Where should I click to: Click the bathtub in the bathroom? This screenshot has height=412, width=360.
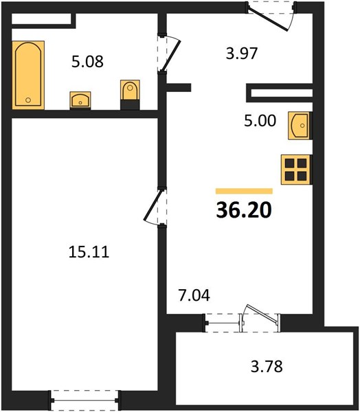(x=28, y=75)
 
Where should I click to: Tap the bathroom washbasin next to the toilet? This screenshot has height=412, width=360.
(x=80, y=100)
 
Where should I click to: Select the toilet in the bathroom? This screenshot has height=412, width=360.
(x=130, y=95)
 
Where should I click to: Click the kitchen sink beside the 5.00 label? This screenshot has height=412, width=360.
(x=300, y=126)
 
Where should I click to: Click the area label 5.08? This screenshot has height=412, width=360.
(x=87, y=62)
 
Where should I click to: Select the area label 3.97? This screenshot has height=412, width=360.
(x=242, y=54)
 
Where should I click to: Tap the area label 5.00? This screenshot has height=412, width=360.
(x=260, y=121)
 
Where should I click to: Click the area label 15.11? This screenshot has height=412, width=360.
(x=89, y=252)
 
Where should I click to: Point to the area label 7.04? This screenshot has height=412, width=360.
(x=194, y=295)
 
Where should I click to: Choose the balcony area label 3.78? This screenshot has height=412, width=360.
(x=267, y=366)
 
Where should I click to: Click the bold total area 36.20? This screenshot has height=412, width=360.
(x=244, y=210)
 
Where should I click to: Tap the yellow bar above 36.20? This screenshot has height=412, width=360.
(x=244, y=191)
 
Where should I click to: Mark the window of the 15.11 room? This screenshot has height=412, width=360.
(x=85, y=400)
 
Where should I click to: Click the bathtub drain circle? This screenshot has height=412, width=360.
(x=28, y=100)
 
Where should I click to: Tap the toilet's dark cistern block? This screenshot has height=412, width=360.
(x=130, y=104)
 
